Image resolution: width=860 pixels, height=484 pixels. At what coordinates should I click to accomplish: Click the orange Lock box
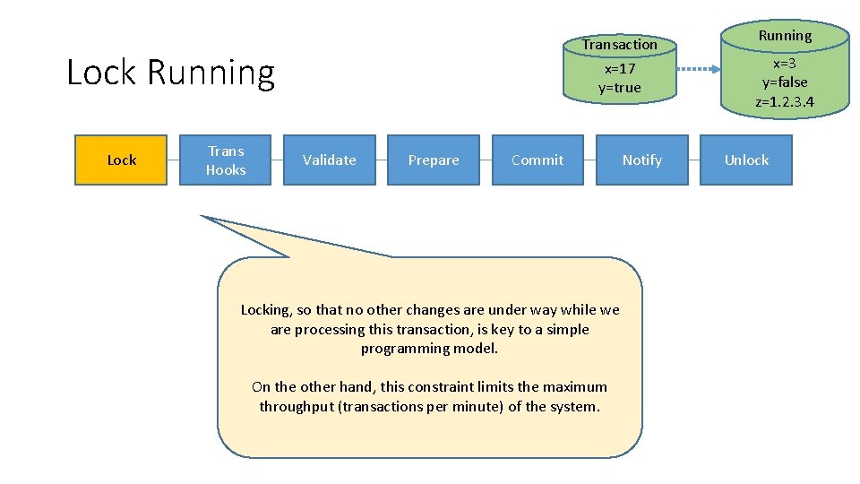[x=121, y=160]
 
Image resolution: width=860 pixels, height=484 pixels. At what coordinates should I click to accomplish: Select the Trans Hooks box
[x=225, y=160]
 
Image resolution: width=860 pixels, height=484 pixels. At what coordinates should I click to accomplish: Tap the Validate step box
[x=329, y=160]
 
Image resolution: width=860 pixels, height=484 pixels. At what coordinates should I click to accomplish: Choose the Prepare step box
[x=434, y=160]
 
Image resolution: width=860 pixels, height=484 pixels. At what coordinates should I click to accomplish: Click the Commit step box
[x=537, y=160]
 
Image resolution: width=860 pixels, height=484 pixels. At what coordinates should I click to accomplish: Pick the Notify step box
[x=641, y=160]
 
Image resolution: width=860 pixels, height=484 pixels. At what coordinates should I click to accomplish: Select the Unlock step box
[x=746, y=160]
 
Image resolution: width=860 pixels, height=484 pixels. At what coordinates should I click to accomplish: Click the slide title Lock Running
[x=170, y=73]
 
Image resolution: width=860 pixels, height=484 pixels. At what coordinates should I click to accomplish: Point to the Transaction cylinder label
[x=619, y=44]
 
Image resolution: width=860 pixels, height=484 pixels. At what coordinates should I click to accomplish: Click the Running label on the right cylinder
[x=785, y=36]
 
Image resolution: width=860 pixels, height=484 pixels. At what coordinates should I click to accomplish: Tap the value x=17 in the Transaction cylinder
[x=620, y=68]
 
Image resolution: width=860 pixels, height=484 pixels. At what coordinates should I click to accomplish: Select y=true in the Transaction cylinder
[x=620, y=88]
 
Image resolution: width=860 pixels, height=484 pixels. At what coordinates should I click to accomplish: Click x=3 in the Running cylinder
[x=785, y=63]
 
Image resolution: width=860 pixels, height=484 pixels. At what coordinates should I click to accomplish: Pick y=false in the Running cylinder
[x=785, y=82]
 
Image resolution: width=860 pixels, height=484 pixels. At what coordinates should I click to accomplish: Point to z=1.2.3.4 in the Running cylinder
[x=785, y=101]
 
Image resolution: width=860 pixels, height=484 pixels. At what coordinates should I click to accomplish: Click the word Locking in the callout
[x=265, y=310]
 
